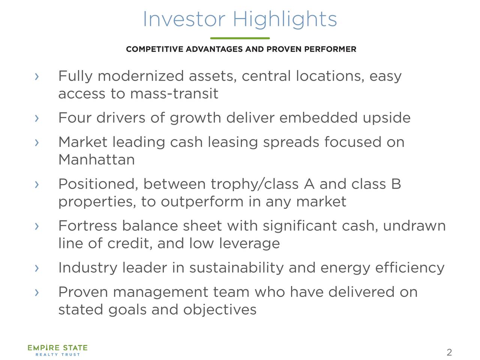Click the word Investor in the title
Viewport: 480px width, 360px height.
184,19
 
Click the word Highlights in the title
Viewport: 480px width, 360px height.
285,19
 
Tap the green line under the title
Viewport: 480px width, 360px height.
240,38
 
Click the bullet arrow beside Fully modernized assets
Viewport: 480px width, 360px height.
36,76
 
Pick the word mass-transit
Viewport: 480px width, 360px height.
174,94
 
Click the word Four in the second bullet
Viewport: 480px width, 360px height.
75,118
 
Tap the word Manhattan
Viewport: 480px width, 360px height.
96,160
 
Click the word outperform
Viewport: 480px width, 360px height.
202,202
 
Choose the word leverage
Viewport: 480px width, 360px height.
249,244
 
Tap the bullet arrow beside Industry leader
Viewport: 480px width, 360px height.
36,268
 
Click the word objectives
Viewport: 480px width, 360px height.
220,310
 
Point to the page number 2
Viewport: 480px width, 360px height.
449,352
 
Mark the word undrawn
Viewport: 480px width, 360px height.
414,226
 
